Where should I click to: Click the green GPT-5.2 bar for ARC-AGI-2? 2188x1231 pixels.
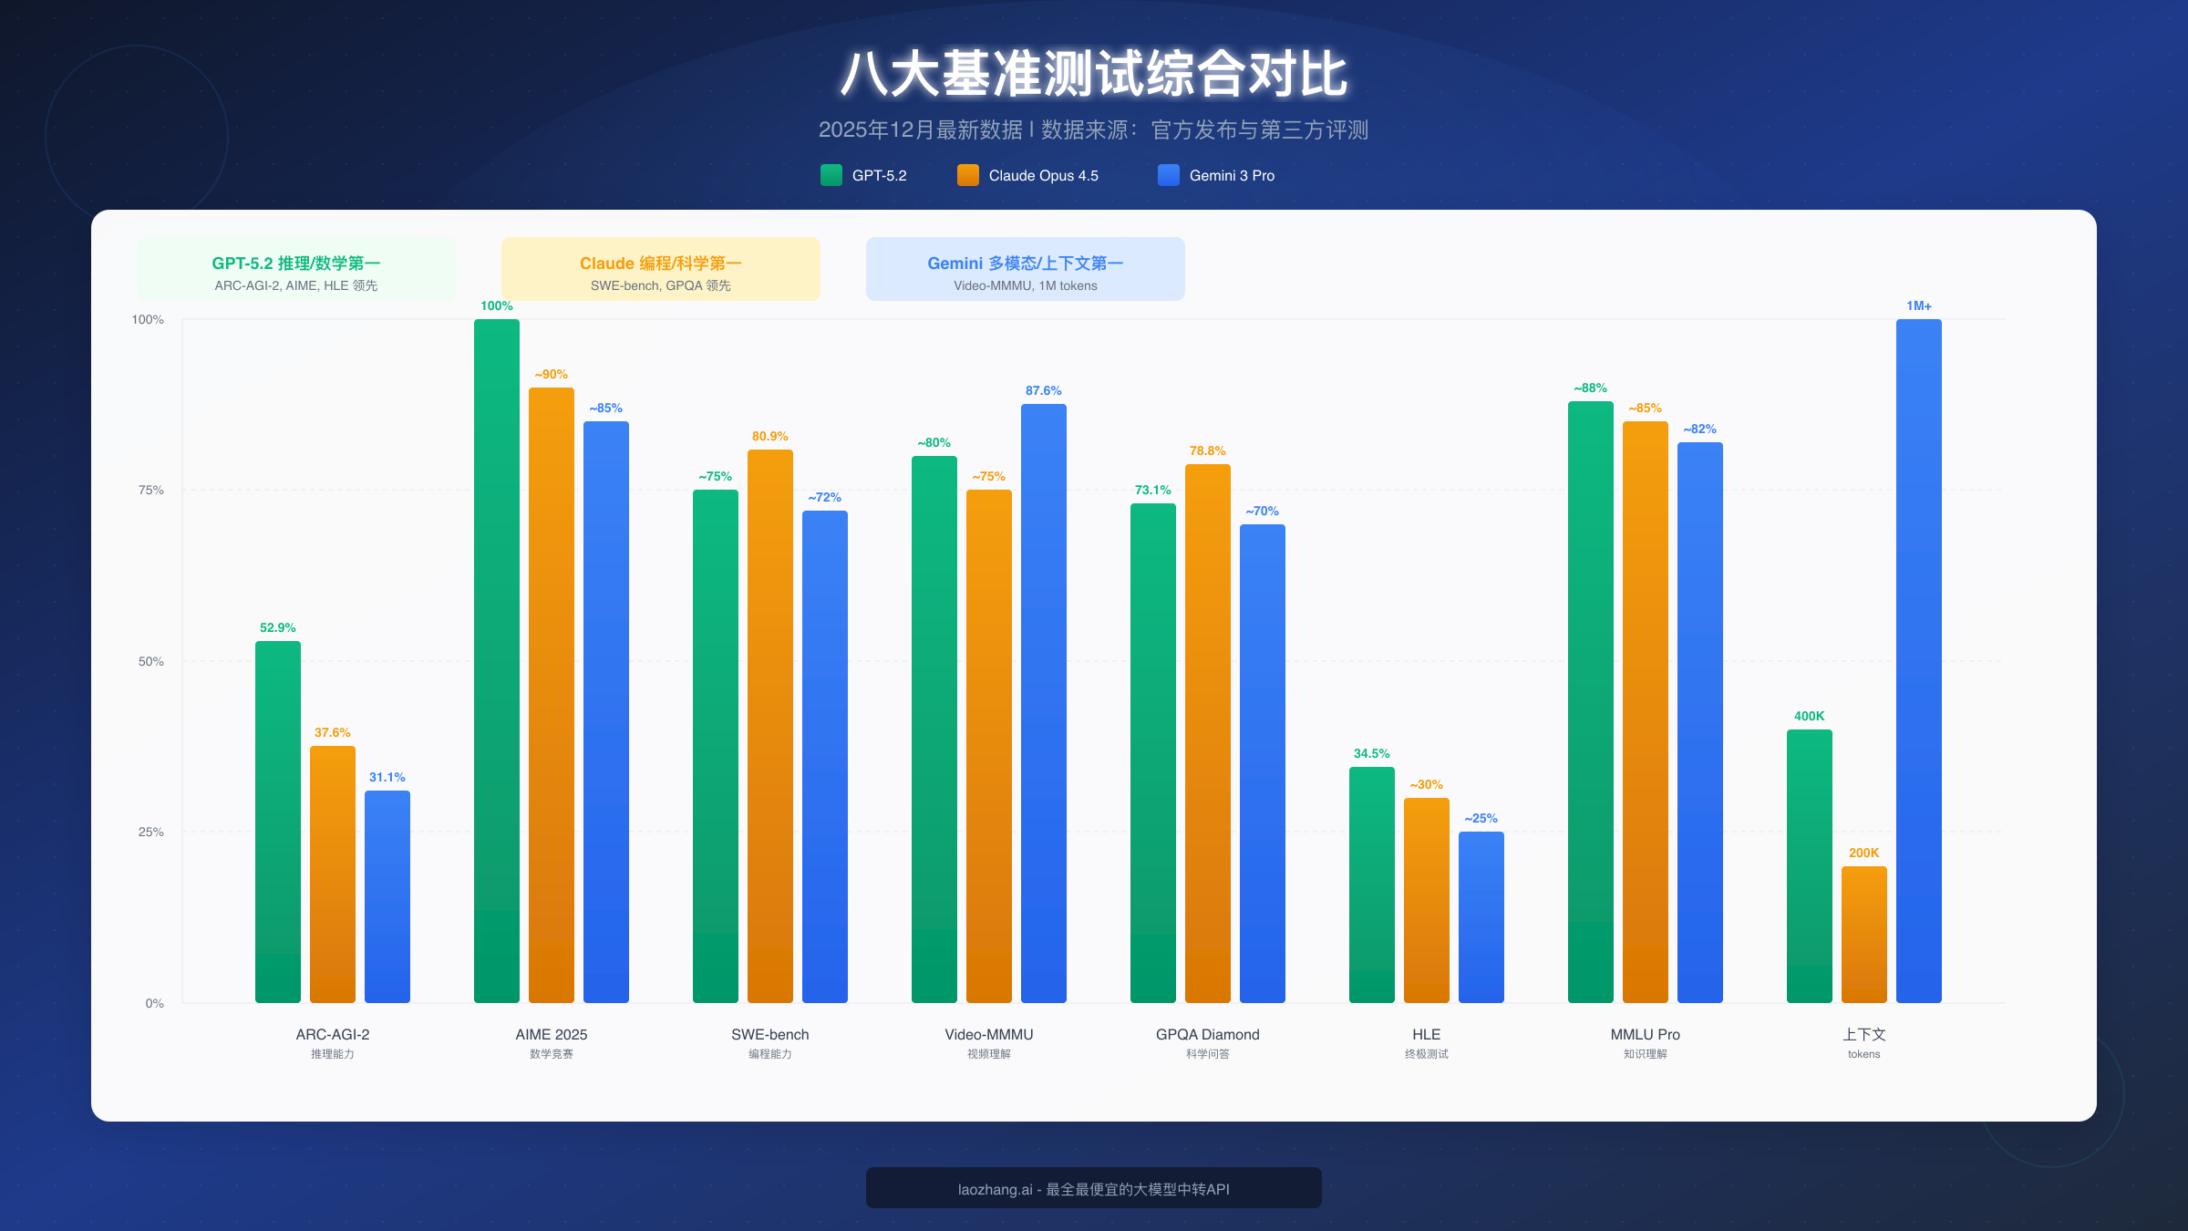[x=278, y=821]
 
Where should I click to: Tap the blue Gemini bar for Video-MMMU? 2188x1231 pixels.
[x=1044, y=702]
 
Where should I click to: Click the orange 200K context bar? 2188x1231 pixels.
[x=1864, y=935]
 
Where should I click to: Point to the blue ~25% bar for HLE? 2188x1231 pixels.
[x=1481, y=916]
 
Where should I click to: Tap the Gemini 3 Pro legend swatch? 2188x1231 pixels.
[x=1169, y=175]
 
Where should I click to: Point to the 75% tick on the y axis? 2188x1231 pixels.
[x=151, y=491]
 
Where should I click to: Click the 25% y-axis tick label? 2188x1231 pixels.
[x=151, y=833]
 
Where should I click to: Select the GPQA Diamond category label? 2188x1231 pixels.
[x=1208, y=1035]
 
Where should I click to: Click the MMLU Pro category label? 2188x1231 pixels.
[x=1646, y=1035]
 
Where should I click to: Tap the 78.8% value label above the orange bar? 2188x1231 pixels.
[x=1208, y=451]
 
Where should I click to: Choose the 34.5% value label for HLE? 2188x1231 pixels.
[x=1372, y=754]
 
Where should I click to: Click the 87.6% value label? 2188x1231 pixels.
[x=1044, y=391]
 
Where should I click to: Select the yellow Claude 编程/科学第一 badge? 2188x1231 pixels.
[x=661, y=269]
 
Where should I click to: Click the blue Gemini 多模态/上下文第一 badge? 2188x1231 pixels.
[x=1026, y=269]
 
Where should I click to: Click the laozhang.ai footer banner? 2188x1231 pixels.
[x=1094, y=1188]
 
